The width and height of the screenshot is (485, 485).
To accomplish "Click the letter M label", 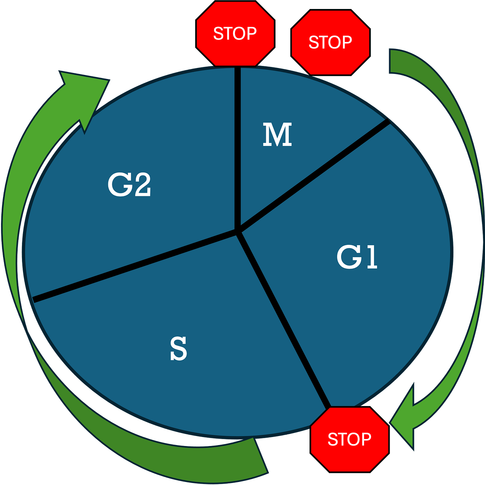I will [x=277, y=135].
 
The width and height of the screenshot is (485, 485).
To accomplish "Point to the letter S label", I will [x=179, y=348].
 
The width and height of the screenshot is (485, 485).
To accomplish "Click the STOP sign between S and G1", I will [x=349, y=439].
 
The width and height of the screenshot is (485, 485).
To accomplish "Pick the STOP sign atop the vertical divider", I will [x=235, y=34].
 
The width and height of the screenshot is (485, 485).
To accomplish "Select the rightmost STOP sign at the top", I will [x=330, y=42].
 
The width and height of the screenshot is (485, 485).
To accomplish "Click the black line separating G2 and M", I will [x=238, y=147].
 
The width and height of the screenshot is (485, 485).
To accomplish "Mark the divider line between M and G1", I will [x=313, y=177].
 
